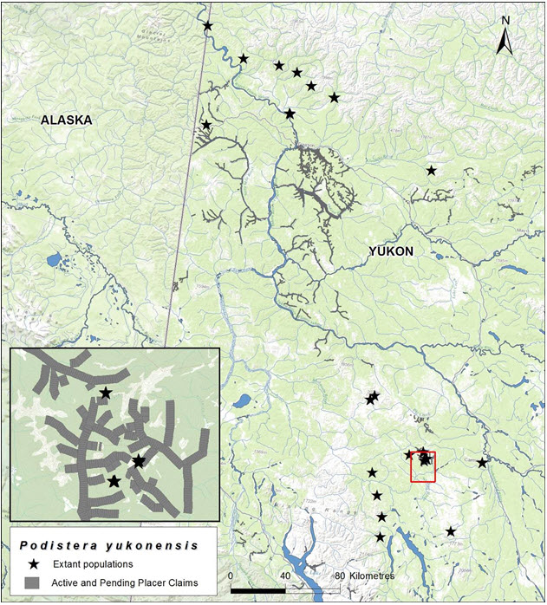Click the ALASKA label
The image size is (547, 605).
point(66,120)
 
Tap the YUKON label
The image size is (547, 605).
point(391,251)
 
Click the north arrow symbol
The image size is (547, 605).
point(505,42)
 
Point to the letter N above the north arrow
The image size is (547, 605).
point(505,20)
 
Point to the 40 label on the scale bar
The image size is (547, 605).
point(284,576)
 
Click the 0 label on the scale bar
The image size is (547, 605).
point(231,576)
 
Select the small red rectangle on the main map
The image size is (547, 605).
point(422,465)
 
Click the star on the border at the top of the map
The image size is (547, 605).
point(207,26)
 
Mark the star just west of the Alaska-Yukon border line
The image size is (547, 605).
point(206,125)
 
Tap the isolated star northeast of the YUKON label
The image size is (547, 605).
point(431,171)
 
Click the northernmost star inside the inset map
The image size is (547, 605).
point(105,393)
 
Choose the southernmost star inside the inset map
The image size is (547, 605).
point(114,481)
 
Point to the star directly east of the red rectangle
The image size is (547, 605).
point(482,463)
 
